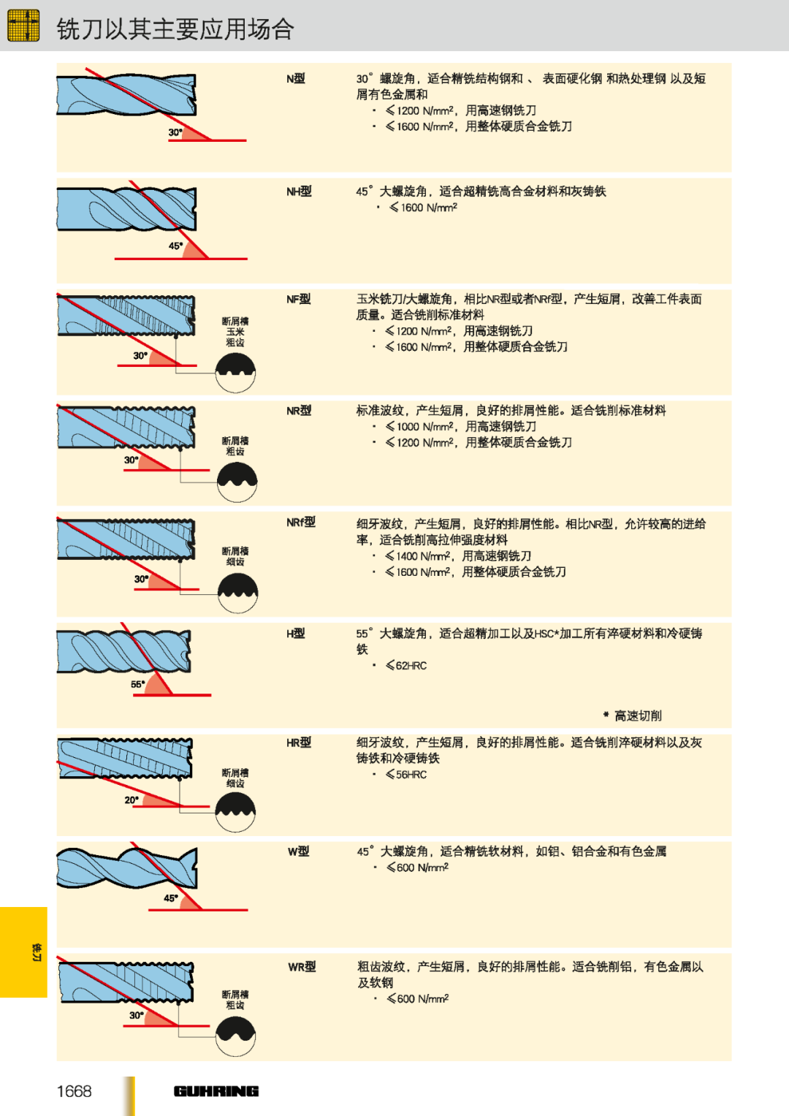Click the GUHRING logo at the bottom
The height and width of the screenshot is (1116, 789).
216,1091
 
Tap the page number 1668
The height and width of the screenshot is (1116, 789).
74,1091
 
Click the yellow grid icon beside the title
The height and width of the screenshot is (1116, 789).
23,26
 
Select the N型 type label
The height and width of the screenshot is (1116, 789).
295,78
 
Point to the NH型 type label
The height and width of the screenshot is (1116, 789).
299,191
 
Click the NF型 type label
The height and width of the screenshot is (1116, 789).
298,299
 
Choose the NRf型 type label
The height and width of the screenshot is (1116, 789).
300,522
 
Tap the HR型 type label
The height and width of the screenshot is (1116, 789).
299,743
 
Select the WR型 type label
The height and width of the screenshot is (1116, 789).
302,967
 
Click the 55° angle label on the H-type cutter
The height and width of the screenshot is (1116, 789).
137,684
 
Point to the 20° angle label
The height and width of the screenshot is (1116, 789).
131,800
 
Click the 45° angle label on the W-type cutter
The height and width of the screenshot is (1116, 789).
171,897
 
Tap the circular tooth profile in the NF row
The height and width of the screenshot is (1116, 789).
235,372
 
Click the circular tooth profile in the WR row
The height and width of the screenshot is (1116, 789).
236,1036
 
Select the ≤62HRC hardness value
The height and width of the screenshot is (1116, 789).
406,666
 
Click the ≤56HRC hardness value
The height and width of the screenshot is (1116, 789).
406,775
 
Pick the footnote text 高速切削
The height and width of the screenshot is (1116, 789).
637,715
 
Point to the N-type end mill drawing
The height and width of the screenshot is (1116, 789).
126,95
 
